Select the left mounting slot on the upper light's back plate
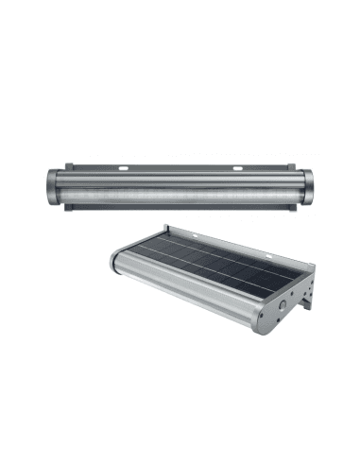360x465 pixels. click(x=124, y=169)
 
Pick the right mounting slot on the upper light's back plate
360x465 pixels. click(x=237, y=169)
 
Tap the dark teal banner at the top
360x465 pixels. click(x=180, y=26)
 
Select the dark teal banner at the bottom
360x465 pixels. click(x=180, y=438)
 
